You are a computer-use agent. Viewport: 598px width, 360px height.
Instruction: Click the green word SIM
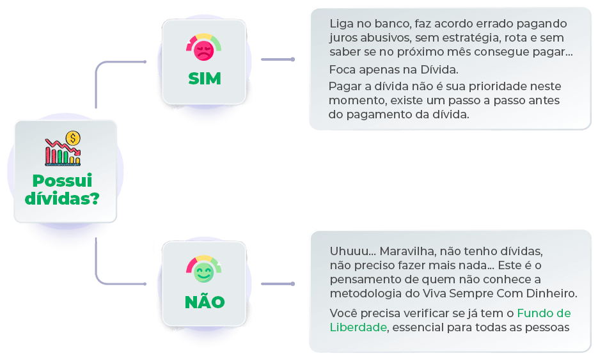click(204, 79)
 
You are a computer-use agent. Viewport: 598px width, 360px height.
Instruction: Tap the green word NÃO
click(204, 301)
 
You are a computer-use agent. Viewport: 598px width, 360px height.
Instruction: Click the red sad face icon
click(203, 52)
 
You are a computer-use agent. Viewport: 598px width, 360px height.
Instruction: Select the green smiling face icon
click(203, 274)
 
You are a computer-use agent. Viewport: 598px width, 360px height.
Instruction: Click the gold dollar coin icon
click(74, 138)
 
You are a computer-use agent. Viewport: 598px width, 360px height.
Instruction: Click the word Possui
click(62, 181)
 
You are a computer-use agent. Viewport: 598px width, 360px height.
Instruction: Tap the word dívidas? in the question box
click(62, 198)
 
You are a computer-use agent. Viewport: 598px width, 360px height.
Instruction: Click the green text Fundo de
click(544, 313)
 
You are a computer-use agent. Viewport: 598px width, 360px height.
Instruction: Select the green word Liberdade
click(358, 327)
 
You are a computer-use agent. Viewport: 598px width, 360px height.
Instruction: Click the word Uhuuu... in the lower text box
click(347, 251)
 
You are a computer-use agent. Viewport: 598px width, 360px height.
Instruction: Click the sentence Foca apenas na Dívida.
click(394, 70)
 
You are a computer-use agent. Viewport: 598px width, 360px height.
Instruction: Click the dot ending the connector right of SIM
click(293, 59)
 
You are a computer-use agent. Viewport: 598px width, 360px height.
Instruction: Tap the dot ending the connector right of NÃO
click(293, 283)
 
